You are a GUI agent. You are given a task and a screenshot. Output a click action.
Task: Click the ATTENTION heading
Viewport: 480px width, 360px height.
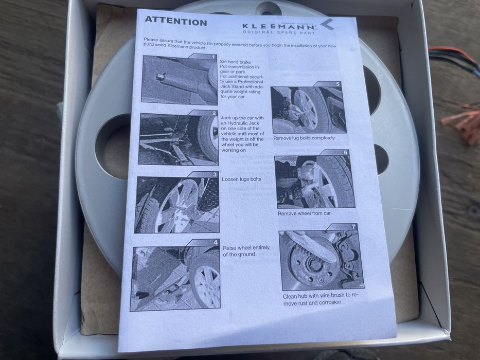click(x=176, y=21)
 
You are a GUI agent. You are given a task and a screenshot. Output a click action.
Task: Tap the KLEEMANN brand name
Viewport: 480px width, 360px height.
click(x=279, y=27)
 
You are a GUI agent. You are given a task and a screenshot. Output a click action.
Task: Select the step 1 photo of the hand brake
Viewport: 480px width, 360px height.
click(x=180, y=79)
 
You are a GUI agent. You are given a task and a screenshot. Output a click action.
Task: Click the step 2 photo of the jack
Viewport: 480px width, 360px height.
click(x=179, y=138)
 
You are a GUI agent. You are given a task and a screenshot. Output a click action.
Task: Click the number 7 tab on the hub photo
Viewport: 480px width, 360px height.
click(x=353, y=227)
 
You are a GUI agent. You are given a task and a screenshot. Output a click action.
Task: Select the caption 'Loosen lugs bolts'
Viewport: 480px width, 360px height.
click(x=241, y=179)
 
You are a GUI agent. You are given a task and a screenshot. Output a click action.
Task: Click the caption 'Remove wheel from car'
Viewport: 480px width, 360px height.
click(x=304, y=213)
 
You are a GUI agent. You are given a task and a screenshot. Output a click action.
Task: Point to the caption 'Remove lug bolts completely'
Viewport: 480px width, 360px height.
click(x=304, y=138)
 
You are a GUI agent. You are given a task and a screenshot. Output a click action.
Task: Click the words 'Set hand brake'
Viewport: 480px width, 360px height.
click(x=235, y=62)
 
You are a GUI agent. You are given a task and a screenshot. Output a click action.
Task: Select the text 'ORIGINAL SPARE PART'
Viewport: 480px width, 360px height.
click(x=278, y=32)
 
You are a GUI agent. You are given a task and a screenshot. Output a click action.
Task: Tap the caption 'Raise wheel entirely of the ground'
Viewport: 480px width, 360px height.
click(x=246, y=251)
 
